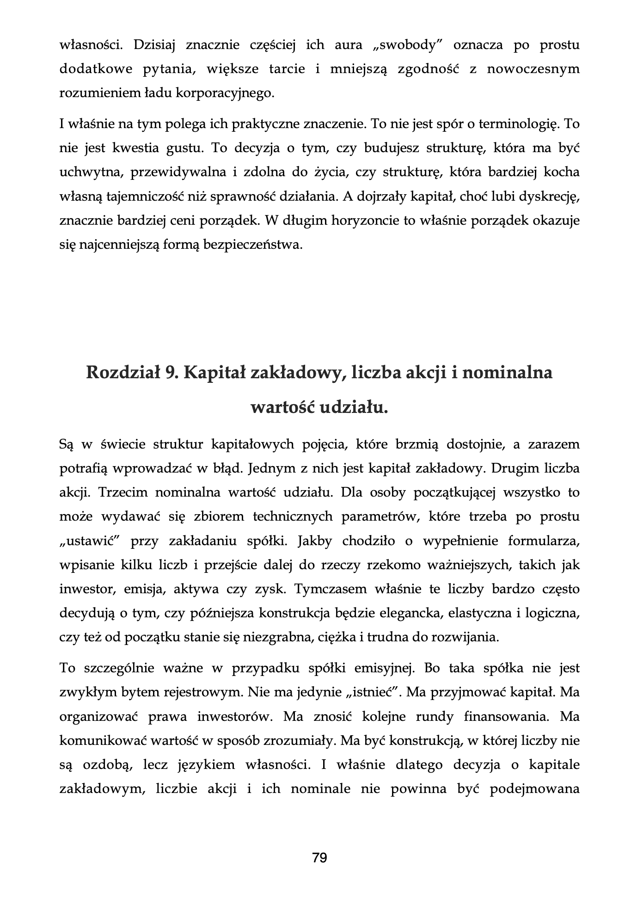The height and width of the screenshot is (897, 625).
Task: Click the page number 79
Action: (319, 858)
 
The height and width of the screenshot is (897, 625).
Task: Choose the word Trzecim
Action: (122, 492)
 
